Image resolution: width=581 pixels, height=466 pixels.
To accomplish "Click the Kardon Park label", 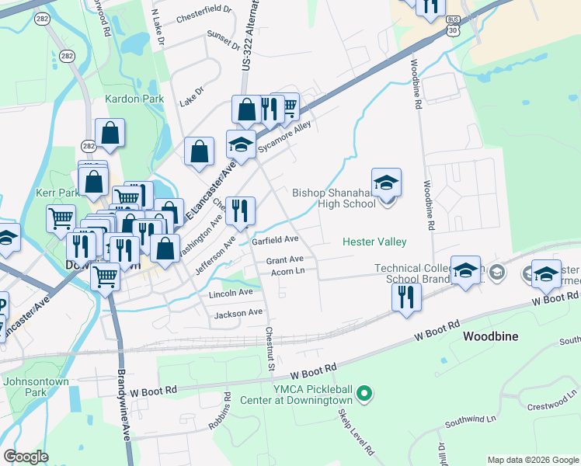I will click(135, 99).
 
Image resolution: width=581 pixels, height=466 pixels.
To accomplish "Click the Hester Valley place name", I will click(374, 242).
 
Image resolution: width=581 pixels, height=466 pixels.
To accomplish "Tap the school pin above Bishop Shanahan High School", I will click(386, 183).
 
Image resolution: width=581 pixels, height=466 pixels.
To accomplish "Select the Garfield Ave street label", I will click(276, 240).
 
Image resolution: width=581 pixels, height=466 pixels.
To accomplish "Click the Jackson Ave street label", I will click(238, 313).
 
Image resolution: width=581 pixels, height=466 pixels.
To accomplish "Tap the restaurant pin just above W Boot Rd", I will click(405, 297).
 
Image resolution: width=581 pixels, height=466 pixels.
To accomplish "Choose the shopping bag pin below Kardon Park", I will click(110, 134).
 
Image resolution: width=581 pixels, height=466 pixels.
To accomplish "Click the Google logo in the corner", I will click(26, 457).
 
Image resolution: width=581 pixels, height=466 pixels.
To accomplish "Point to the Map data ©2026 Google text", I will click(532, 460).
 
